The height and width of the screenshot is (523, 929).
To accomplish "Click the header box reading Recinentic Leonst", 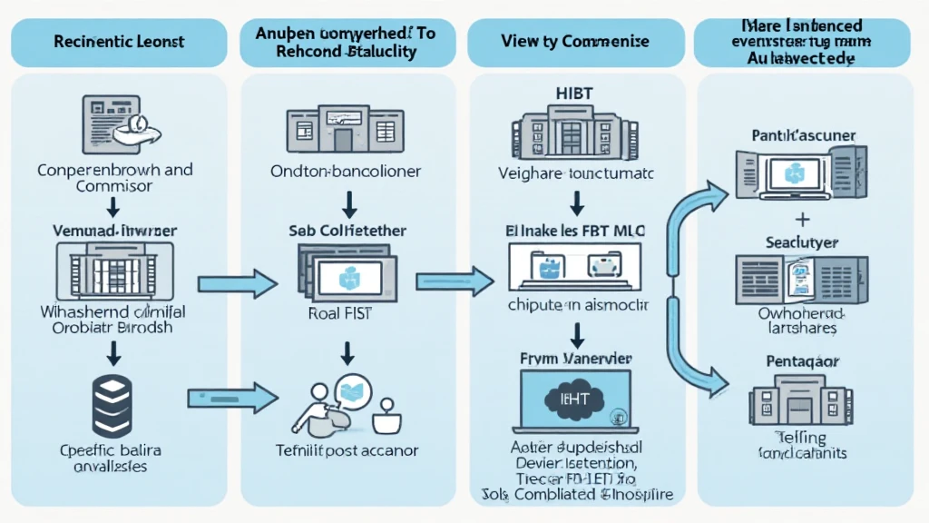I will point(119,42).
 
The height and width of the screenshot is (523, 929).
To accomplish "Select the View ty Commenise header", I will point(574,42).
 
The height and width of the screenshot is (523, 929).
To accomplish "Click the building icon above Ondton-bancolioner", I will point(342,132).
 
